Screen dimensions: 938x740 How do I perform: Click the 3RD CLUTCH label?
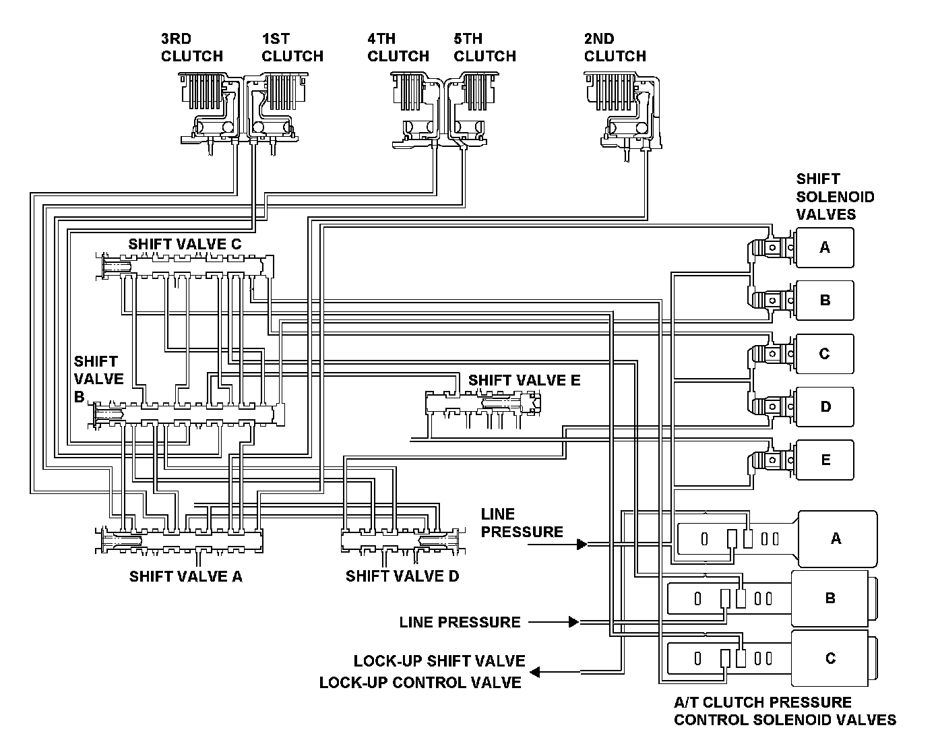192,48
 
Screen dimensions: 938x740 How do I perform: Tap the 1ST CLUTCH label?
292,48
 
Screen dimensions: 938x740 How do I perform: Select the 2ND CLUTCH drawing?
623,115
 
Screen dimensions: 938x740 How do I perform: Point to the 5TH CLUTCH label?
484,48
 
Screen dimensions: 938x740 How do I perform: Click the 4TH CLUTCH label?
398,48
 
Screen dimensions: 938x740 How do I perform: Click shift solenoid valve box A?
825,248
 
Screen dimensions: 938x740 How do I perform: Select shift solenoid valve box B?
825,301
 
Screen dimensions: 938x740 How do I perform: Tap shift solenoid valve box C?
825,354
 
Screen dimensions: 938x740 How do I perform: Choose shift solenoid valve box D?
825,407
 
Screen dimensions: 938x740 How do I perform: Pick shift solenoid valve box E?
825,460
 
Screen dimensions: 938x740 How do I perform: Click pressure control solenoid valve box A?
838,538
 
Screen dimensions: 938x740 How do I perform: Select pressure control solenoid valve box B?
830,598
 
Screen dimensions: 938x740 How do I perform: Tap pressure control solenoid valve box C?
830,658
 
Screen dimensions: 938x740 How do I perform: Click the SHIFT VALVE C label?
185,244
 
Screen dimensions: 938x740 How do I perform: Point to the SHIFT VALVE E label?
524,380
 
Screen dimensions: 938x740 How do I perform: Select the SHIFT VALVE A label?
186,576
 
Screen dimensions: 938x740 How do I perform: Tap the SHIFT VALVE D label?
402,576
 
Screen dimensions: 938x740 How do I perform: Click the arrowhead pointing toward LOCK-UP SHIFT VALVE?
535,672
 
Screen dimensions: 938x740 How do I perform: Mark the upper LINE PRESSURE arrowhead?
582,544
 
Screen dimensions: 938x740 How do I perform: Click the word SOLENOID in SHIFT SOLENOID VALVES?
835,197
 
